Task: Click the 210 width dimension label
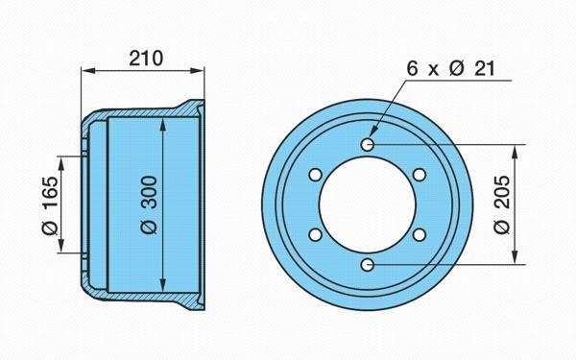pos(146,58)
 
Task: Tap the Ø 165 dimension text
pos(50,205)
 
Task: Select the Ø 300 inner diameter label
pos(149,205)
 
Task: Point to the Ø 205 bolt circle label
pos(502,204)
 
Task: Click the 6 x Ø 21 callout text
pos(451,68)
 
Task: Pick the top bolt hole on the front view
pos(368,144)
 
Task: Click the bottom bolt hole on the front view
pos(368,265)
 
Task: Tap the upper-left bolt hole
pos(315,175)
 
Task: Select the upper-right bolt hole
pos(420,175)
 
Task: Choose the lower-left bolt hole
pos(315,234)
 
